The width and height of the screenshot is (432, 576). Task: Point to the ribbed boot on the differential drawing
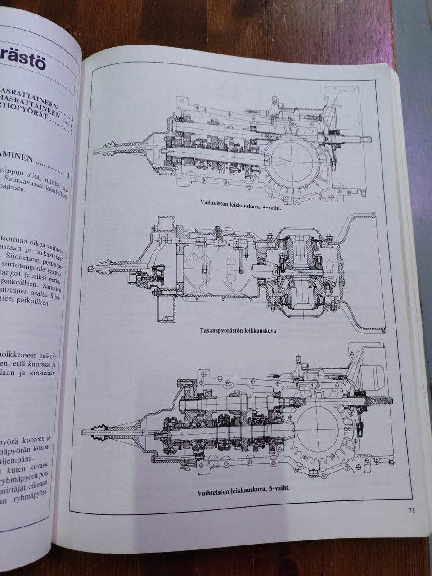pyautogui.click(x=102, y=266)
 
